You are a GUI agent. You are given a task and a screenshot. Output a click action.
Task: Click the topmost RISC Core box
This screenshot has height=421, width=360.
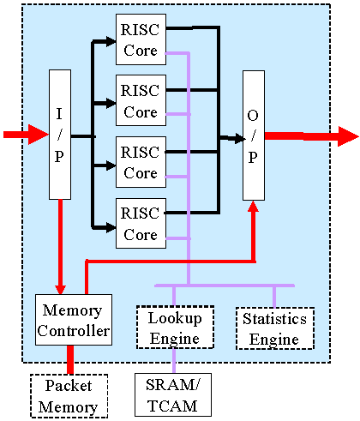[141, 39]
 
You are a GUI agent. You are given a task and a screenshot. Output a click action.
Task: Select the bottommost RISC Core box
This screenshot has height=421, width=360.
[141, 223]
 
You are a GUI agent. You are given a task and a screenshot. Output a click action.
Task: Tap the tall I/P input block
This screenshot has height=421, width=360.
[60, 135]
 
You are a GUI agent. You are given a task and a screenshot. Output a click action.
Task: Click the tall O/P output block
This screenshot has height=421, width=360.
[254, 135]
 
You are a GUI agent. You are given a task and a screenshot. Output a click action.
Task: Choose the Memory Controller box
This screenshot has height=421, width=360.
[74, 320]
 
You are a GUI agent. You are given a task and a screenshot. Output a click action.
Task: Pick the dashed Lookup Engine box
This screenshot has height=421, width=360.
[175, 328]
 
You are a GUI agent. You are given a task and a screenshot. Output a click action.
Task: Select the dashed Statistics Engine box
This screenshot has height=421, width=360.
[275, 328]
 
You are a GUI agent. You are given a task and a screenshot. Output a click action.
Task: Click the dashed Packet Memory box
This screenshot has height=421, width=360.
[69, 396]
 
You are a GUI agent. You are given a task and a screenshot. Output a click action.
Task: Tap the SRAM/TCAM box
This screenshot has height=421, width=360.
[173, 394]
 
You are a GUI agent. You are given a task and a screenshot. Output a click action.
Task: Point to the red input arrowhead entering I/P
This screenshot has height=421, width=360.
[39, 135]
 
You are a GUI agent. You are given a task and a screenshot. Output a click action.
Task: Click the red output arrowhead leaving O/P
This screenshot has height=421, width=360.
[348, 136]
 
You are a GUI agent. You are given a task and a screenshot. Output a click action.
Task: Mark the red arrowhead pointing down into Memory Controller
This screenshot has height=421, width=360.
[60, 290]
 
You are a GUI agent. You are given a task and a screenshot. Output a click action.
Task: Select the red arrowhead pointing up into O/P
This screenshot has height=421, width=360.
[253, 206]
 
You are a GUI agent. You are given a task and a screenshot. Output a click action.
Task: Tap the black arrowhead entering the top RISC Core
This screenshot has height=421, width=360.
[111, 41]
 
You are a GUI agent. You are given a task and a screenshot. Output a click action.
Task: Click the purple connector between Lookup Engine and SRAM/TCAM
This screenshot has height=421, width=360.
[174, 361]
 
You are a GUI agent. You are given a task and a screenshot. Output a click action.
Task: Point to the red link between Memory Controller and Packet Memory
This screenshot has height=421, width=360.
[70, 359]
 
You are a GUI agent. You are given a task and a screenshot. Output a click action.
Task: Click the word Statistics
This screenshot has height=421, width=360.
[274, 319]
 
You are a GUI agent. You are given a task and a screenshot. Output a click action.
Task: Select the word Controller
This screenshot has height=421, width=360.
[74, 331]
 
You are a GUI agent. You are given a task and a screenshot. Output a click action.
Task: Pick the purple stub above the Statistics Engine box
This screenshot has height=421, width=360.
[274, 298]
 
